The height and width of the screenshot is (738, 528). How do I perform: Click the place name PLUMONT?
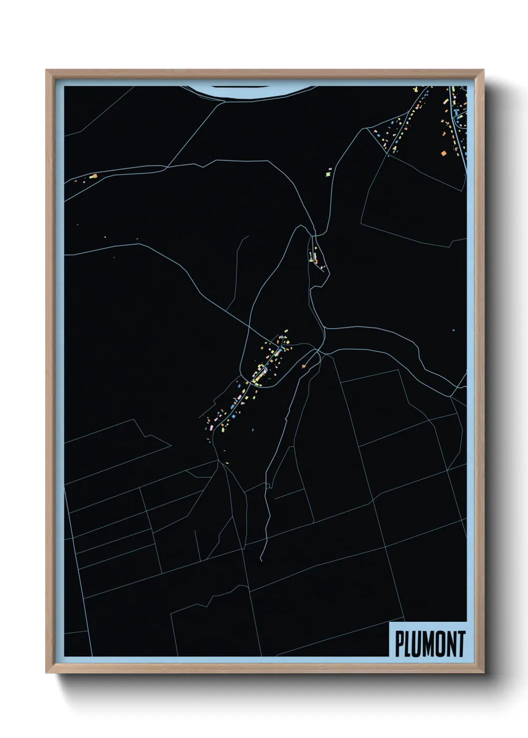tap(430, 644)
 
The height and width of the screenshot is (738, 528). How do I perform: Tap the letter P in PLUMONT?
tap(400, 644)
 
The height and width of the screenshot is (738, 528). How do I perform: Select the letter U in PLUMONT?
tap(416, 644)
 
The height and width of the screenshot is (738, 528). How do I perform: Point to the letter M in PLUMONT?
tap(427, 644)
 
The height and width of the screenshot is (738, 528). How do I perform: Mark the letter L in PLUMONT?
tap(408, 644)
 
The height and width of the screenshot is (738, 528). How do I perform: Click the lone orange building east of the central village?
tap(303, 367)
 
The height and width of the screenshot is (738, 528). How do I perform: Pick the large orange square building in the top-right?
tap(444, 153)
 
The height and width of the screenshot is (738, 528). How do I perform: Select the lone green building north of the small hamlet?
tap(329, 174)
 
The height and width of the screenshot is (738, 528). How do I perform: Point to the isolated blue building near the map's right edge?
tap(453, 330)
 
